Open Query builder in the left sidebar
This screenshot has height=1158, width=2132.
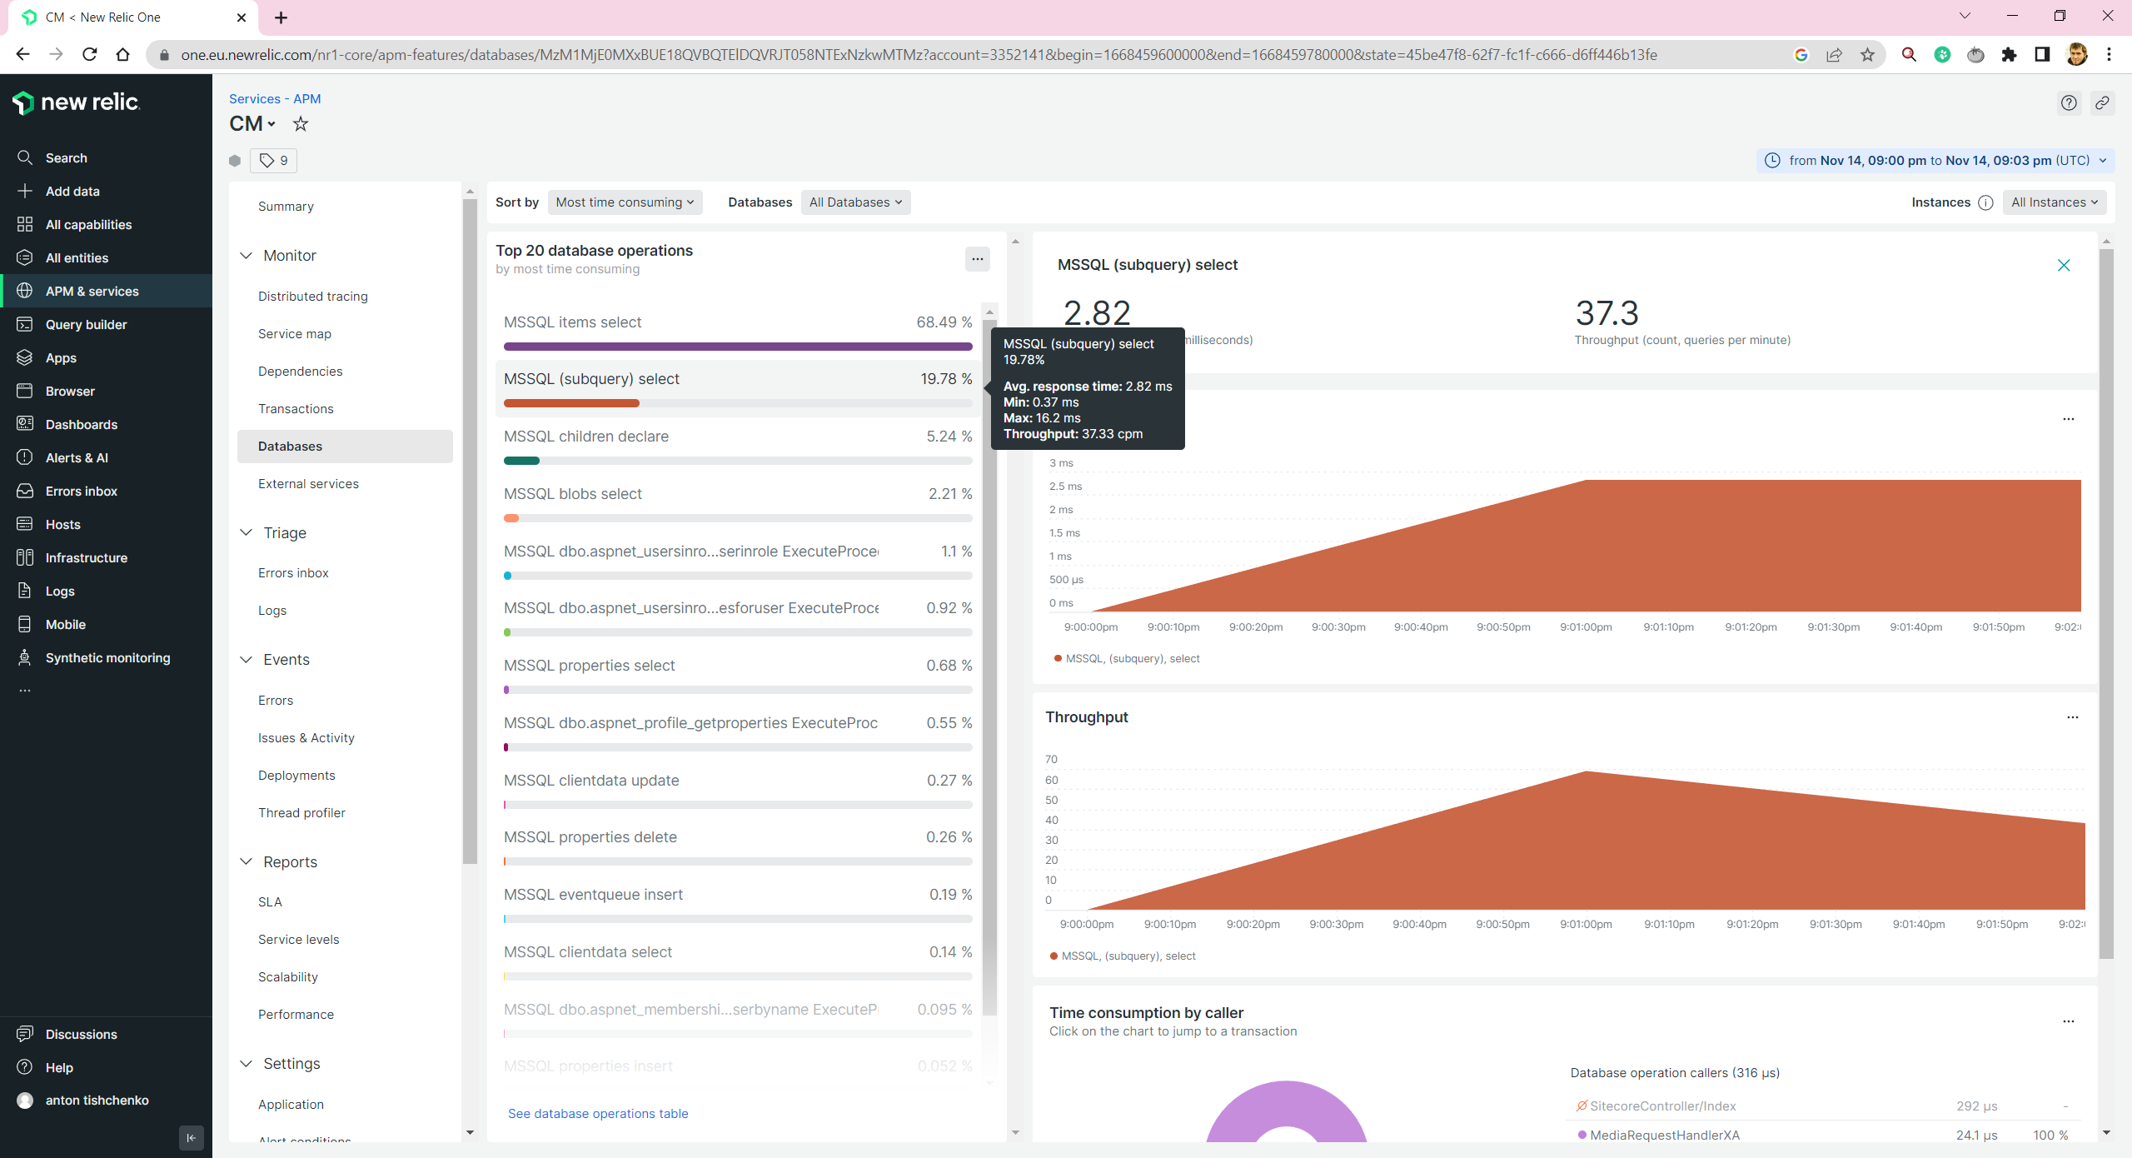coord(86,325)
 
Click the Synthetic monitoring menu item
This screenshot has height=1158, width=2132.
coord(107,658)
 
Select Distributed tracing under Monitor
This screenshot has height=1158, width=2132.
coord(312,297)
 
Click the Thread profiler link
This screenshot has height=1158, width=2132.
coord(301,813)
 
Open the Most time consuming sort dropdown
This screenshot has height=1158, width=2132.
coord(625,202)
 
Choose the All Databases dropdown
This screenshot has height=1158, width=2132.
coord(855,202)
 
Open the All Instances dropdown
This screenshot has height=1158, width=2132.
coord(2054,202)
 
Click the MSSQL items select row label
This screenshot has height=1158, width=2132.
coord(572,322)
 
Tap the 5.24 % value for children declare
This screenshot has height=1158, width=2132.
coord(949,437)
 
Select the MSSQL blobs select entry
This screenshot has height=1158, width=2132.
coord(572,494)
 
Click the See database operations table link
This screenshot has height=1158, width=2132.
coord(598,1114)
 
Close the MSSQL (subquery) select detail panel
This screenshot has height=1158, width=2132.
coord(2064,265)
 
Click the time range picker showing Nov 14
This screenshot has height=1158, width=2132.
coord(1935,161)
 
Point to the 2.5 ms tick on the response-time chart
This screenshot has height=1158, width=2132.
coord(1065,487)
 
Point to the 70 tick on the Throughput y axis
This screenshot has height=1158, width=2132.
coord(1051,760)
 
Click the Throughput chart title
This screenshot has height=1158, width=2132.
coord(1086,717)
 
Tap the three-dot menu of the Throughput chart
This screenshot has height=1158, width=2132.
coord(2072,717)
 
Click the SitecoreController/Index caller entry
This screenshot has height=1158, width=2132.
coord(1662,1106)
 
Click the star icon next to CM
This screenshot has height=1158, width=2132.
coord(301,124)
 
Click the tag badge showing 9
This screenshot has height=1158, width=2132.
coord(273,161)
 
